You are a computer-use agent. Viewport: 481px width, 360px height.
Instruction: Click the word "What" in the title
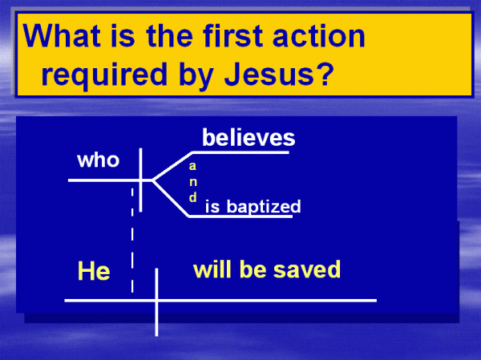(62, 35)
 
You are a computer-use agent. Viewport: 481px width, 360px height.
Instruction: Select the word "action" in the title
(319, 35)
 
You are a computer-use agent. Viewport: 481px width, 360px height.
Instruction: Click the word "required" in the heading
(104, 75)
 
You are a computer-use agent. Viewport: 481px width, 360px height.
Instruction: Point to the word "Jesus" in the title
(269, 74)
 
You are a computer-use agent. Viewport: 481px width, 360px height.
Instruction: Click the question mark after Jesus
(325, 74)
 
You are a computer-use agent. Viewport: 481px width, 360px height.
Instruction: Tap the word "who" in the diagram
(98, 160)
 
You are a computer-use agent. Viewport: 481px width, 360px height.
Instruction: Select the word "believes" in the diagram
(249, 137)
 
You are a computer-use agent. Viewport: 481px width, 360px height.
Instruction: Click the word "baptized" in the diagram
(264, 206)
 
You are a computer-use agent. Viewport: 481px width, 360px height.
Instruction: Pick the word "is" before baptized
(212, 206)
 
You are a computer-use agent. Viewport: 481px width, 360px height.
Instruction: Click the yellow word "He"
(94, 271)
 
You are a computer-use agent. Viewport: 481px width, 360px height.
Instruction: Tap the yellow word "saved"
(307, 269)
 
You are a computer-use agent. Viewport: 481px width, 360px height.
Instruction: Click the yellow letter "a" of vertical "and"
(192, 166)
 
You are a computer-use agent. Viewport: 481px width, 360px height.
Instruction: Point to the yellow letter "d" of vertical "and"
(192, 197)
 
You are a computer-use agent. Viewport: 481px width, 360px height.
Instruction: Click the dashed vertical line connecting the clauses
(132, 240)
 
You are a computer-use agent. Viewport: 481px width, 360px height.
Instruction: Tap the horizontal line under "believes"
(240, 152)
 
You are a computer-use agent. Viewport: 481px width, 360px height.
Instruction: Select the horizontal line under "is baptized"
(240, 216)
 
